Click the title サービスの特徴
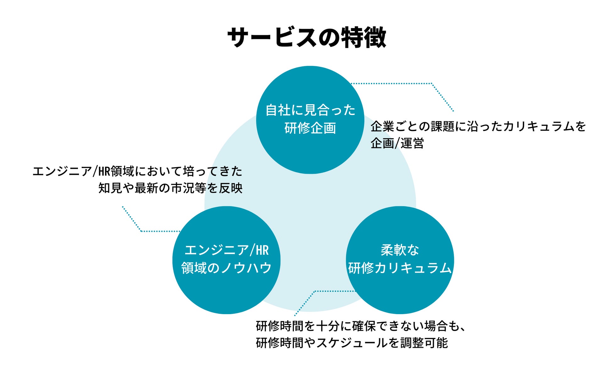point(306,37)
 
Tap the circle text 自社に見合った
point(310,110)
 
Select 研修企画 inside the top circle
point(310,128)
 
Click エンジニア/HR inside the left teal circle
point(226,250)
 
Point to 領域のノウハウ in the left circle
point(226,268)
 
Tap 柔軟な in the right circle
point(400,250)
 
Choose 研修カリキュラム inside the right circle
point(400,268)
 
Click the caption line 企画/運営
point(397,143)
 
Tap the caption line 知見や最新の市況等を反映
point(170,188)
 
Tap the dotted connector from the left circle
point(157,231)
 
